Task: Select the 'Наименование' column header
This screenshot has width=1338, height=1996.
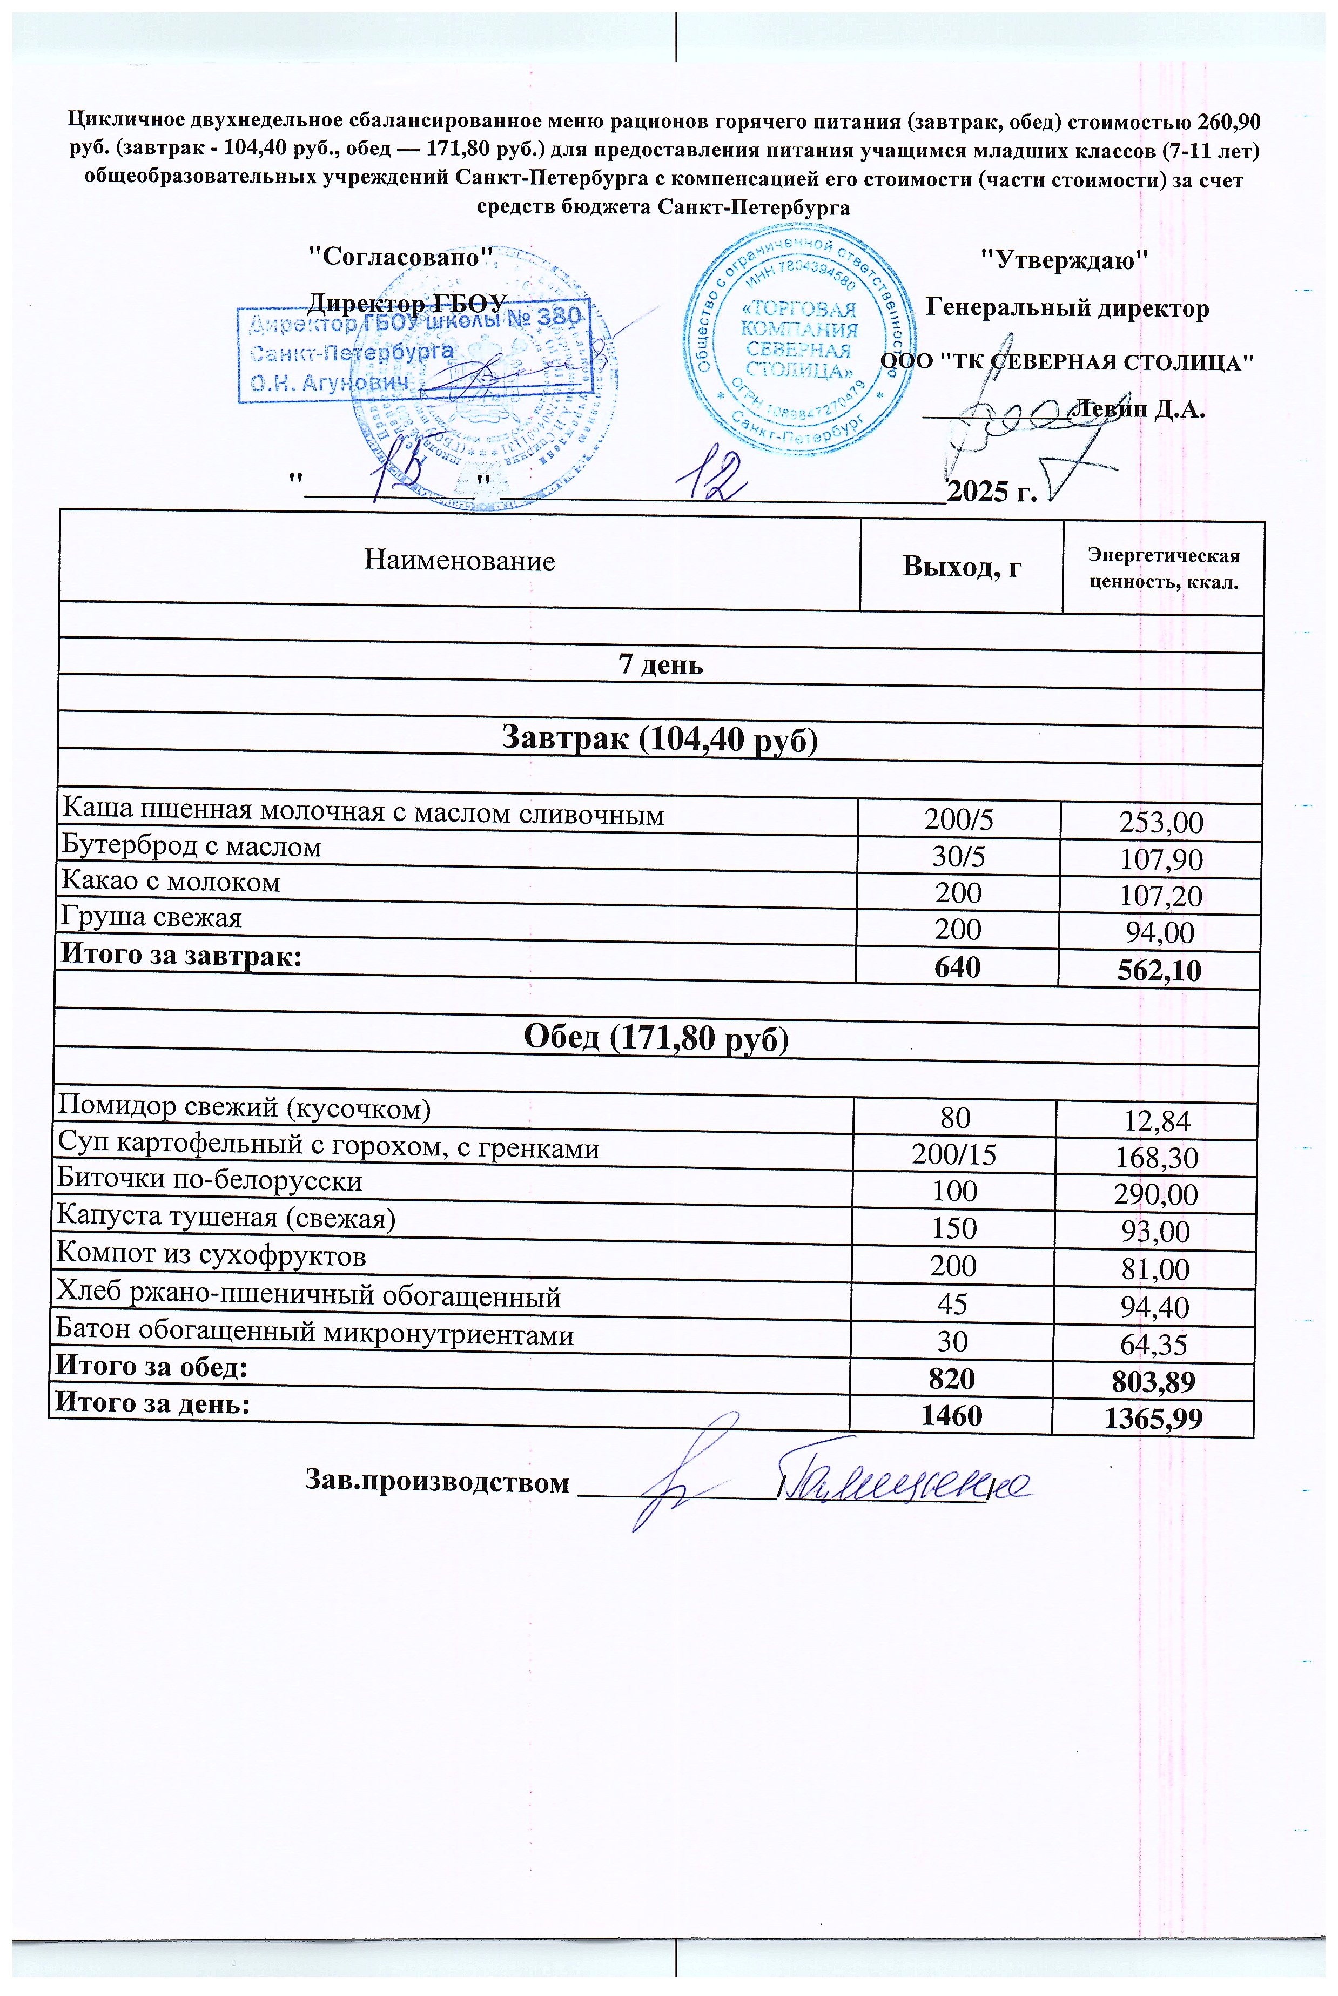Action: coord(459,561)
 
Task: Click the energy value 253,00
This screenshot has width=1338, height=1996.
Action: coord(1160,822)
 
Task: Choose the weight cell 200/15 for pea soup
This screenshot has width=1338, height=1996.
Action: coord(953,1154)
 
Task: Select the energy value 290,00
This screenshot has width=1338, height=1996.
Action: coord(1155,1194)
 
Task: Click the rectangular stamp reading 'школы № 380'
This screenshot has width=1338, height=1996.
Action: coord(414,352)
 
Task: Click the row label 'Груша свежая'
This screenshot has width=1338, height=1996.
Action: coord(151,917)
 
